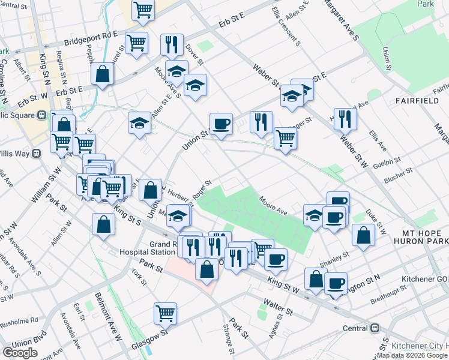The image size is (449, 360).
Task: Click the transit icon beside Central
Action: [x=375, y=328]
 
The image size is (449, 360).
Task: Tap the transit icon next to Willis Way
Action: [x=36, y=153]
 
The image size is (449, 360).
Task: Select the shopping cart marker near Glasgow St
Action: [x=165, y=313]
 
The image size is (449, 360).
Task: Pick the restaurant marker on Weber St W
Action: [x=345, y=119]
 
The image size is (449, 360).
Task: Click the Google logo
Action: [x=20, y=352]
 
